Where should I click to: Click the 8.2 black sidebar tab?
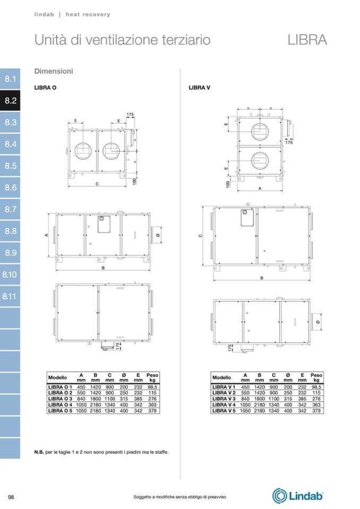[x=10, y=101]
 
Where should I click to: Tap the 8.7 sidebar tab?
[x=10, y=209]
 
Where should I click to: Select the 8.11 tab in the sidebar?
[x=10, y=296]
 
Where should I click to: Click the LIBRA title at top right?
[x=307, y=40]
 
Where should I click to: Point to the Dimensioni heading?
[x=54, y=71]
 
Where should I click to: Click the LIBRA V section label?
[x=199, y=88]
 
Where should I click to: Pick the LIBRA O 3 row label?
[x=60, y=399]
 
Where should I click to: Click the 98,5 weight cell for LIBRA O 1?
[x=152, y=387]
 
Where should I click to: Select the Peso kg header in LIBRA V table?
[x=316, y=377]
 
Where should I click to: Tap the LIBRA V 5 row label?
[x=224, y=411]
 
